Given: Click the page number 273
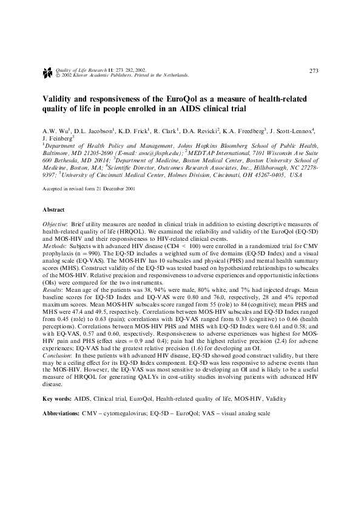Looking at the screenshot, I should click(314, 71).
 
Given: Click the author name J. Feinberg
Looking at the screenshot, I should click(56, 139).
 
